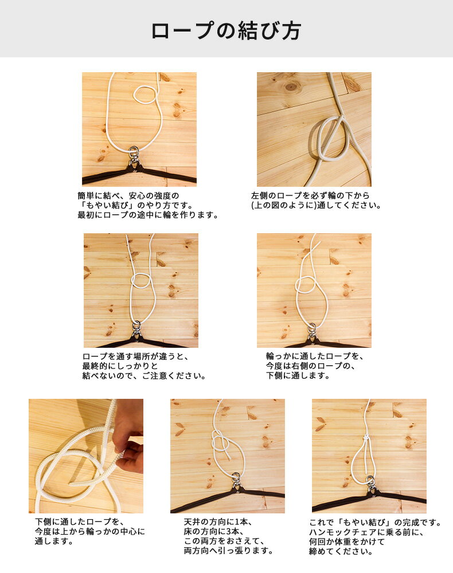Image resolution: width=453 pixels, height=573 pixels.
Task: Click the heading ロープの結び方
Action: [226, 30]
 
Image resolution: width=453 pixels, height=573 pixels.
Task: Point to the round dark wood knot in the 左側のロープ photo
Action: [292, 86]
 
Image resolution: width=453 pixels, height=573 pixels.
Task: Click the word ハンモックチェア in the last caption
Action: [341, 532]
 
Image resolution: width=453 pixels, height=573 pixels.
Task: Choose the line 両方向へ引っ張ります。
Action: [228, 551]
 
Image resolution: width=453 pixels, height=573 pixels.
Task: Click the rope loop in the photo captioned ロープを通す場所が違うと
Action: [141, 281]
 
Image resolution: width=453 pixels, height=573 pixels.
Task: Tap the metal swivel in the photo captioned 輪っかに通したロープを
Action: [312, 331]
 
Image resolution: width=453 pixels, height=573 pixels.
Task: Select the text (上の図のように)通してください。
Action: [316, 205]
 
